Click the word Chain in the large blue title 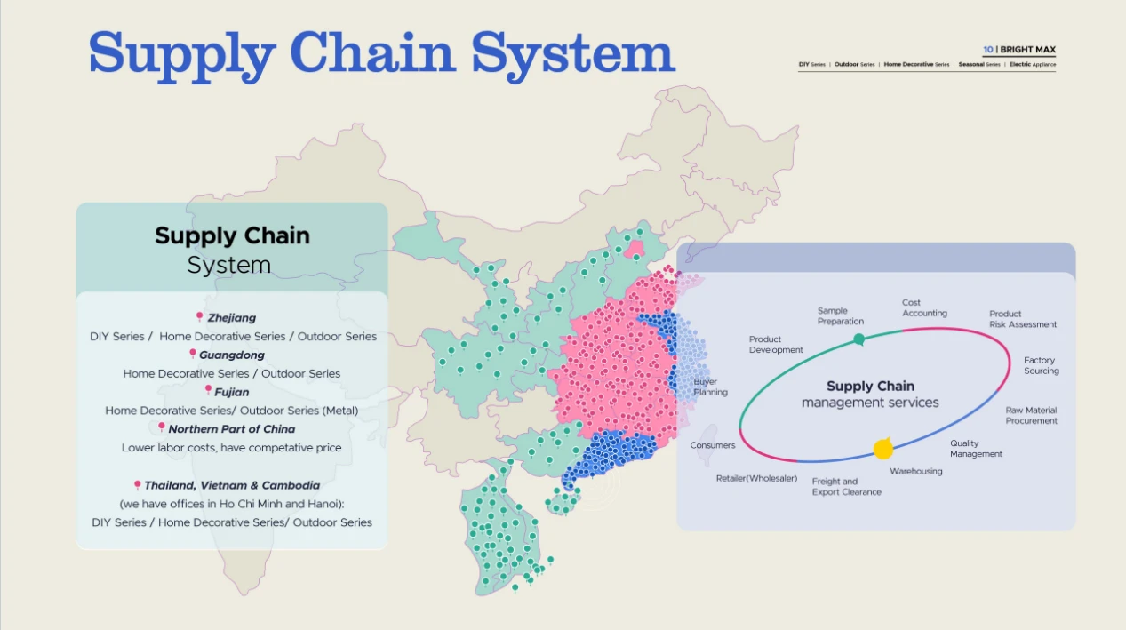(372, 52)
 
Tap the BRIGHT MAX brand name (1027, 49)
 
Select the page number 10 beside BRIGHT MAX (987, 49)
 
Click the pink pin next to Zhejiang (200, 316)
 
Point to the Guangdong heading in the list (232, 355)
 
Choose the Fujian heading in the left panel (232, 392)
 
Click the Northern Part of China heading (232, 429)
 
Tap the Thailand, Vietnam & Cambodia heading (232, 485)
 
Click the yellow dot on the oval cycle (883, 449)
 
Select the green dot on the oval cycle (859, 339)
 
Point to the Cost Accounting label (924, 307)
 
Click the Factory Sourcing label (1041, 365)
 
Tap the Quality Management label (976, 449)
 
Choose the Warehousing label (916, 471)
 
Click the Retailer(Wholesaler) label (756, 478)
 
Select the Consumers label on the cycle (712, 445)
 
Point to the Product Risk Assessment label (1023, 319)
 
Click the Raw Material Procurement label (1031, 415)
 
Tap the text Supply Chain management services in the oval (870, 395)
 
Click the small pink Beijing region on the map (635, 249)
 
